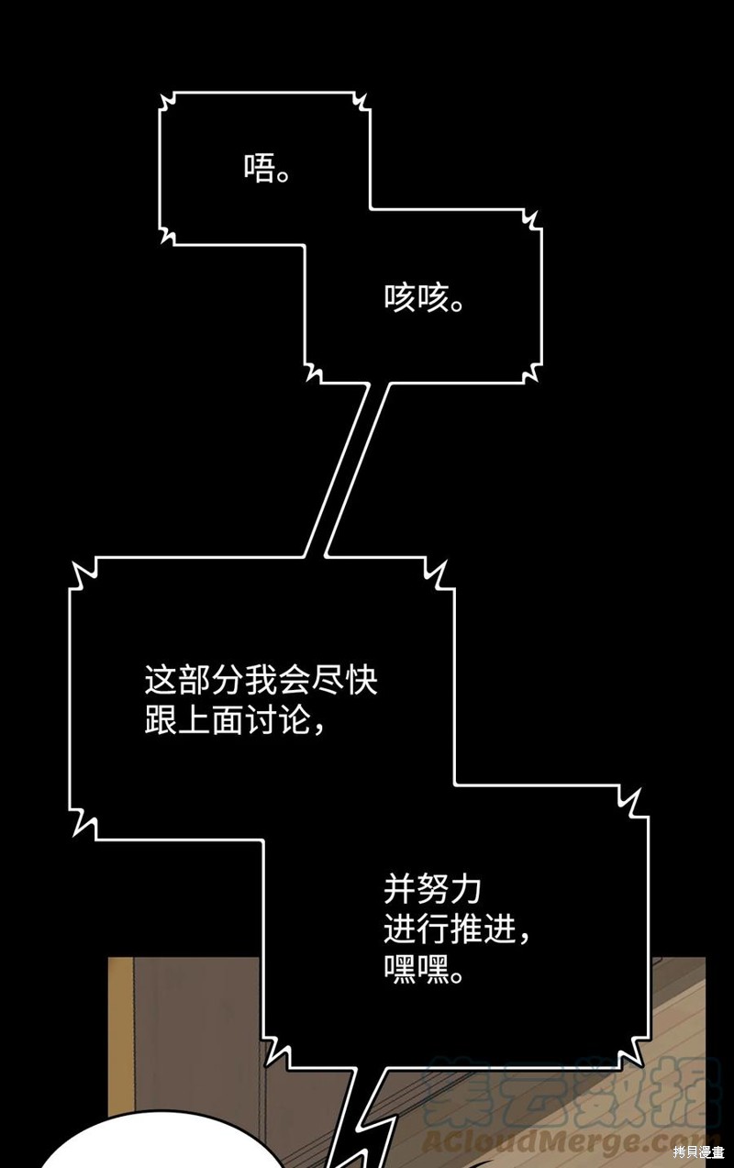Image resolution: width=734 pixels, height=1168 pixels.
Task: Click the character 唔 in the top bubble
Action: pyautogui.click(x=259, y=167)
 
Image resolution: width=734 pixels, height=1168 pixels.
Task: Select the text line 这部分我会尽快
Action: pyautogui.click(x=261, y=680)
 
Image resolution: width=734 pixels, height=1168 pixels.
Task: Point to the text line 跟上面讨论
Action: pyautogui.click(x=228, y=720)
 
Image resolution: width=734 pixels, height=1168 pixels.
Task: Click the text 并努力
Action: pyautogui.click(x=432, y=890)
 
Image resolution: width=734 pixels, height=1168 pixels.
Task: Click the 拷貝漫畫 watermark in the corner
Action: pyautogui.click(x=699, y=1152)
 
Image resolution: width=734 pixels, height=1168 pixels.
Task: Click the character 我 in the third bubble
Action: pyautogui.click(x=261, y=680)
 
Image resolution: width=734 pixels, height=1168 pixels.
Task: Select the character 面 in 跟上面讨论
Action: pyautogui.click(x=228, y=720)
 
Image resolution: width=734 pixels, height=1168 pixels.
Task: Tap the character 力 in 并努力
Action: pyautogui.click(x=465, y=890)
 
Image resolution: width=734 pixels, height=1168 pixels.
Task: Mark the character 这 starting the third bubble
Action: pyautogui.click(x=161, y=680)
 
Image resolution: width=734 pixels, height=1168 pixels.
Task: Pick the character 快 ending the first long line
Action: pyautogui.click(x=361, y=680)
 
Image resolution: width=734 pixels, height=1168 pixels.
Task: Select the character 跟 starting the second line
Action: pyautogui.click(x=161, y=720)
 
